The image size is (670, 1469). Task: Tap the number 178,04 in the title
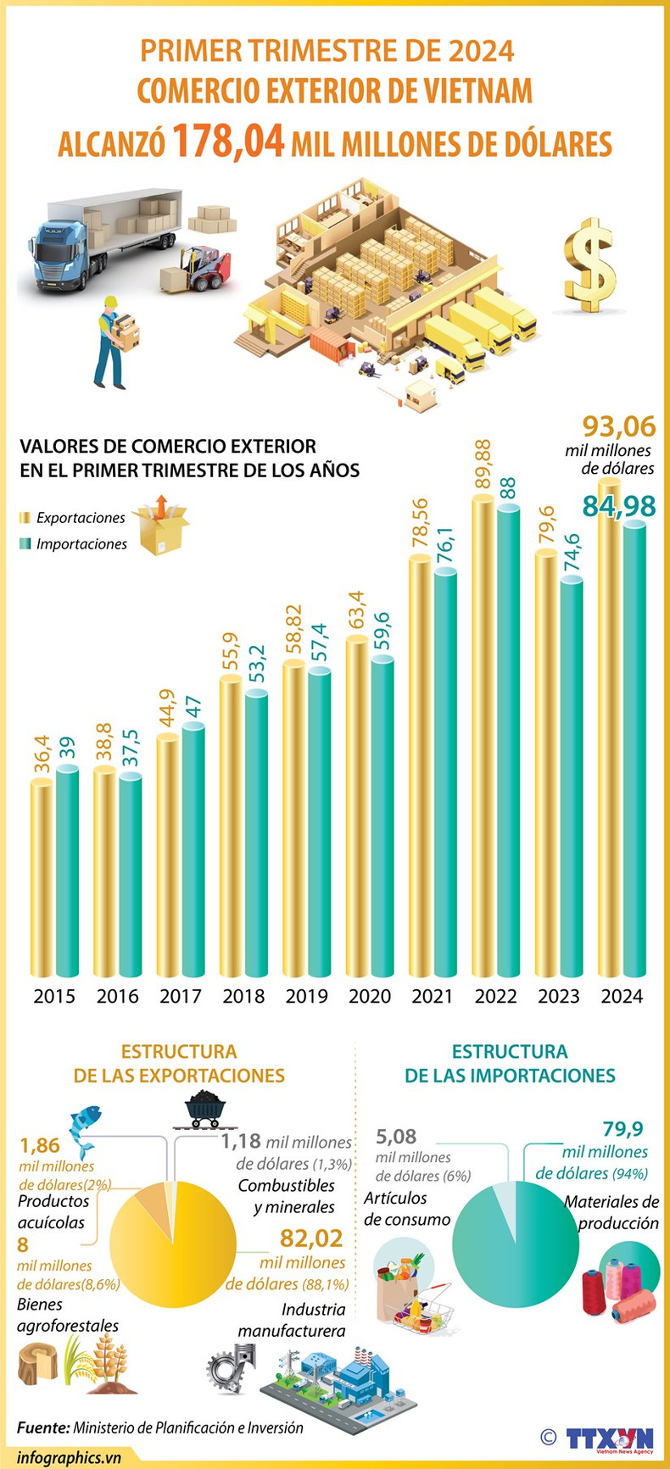[229, 142]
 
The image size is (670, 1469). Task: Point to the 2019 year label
[306, 996]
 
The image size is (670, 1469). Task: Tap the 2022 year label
[495, 996]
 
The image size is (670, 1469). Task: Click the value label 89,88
[483, 464]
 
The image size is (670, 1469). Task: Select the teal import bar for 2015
[68, 873]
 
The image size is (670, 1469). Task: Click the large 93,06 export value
[619, 426]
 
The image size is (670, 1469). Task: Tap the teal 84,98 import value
[618, 506]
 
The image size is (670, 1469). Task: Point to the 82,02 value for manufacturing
[311, 1238]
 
